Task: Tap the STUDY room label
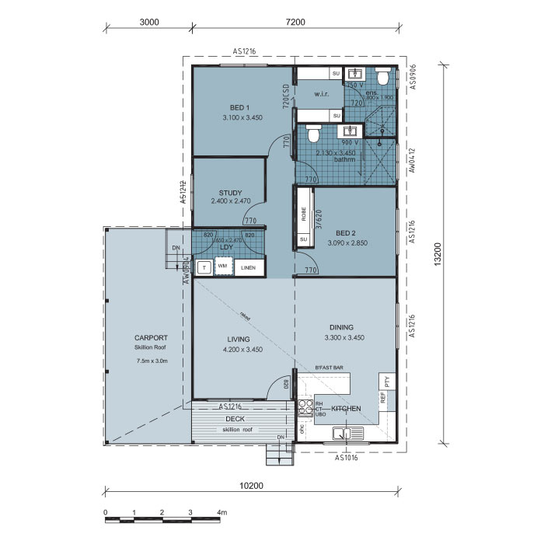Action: point(230,193)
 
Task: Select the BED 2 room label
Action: point(347,232)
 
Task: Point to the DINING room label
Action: point(340,327)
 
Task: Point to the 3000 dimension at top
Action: point(148,22)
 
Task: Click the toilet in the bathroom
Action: point(314,134)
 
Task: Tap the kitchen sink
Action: point(342,434)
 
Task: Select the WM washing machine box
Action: point(223,267)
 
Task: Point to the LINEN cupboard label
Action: point(248,267)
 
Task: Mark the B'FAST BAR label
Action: point(328,367)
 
